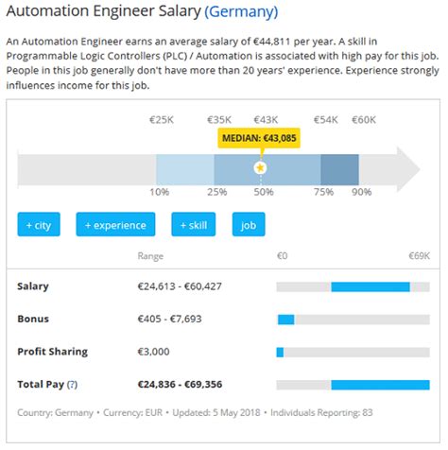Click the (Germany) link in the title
click(241, 11)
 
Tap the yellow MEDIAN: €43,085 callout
click(259, 138)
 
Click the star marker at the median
click(260, 167)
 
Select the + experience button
click(114, 225)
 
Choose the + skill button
click(193, 225)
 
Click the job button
click(249, 225)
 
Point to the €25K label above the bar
click(163, 120)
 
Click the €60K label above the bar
click(364, 120)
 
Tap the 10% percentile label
click(159, 192)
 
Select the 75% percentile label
click(323, 192)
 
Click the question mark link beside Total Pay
click(72, 385)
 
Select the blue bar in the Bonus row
click(284, 320)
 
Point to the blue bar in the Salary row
click(370, 286)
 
